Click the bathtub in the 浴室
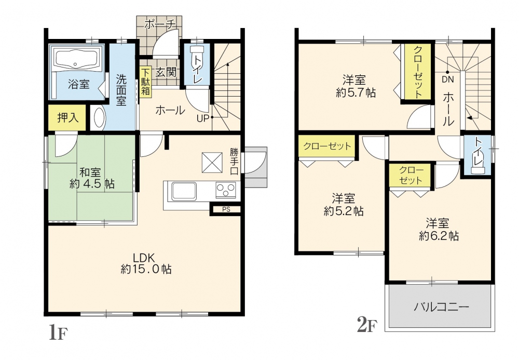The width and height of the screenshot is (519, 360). click(77, 59)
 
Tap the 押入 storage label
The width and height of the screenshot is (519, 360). click(67, 117)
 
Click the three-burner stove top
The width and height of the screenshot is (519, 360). click(226, 190)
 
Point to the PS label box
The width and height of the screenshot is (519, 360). click(226, 209)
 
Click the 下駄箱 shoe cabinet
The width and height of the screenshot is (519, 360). click(145, 82)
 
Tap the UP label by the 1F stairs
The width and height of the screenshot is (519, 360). click(203, 118)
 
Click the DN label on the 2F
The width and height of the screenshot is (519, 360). click(447, 80)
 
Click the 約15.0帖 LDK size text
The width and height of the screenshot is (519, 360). click(146, 269)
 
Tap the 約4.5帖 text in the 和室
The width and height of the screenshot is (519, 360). click(92, 184)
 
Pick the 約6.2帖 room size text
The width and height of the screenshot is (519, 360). click(439, 236)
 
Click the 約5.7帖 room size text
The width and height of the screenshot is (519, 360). click(356, 93)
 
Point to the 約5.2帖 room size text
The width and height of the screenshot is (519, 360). click(344, 211)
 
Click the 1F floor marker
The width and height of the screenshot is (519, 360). click(58, 332)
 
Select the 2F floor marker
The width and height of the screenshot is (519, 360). click(367, 324)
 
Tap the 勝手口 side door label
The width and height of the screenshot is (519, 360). click(234, 161)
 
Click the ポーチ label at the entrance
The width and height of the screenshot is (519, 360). click(159, 24)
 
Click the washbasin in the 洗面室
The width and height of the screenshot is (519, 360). click(98, 117)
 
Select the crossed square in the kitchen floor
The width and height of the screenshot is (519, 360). click(212, 162)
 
